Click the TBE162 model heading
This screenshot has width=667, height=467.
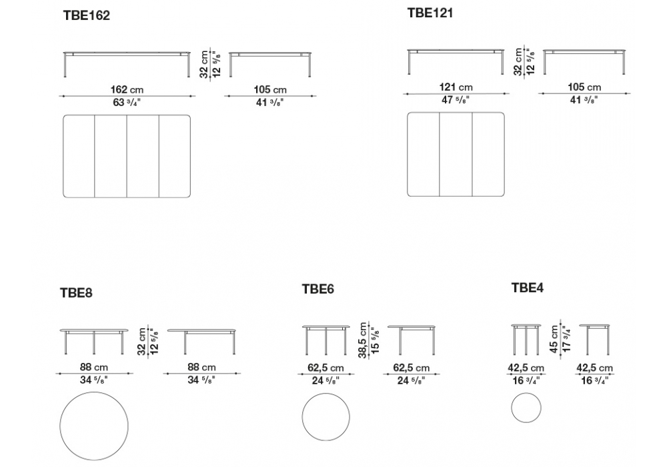86,15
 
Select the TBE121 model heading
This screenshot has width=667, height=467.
430,13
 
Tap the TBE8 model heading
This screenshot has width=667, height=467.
76,293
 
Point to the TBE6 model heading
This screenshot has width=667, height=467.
318,289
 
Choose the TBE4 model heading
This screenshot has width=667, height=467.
528,288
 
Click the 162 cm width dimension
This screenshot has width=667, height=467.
127,90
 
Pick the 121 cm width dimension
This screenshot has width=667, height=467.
456,87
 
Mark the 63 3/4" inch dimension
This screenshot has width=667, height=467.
127,103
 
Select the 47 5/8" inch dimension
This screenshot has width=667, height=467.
456,100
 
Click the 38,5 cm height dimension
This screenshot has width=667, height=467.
362,340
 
